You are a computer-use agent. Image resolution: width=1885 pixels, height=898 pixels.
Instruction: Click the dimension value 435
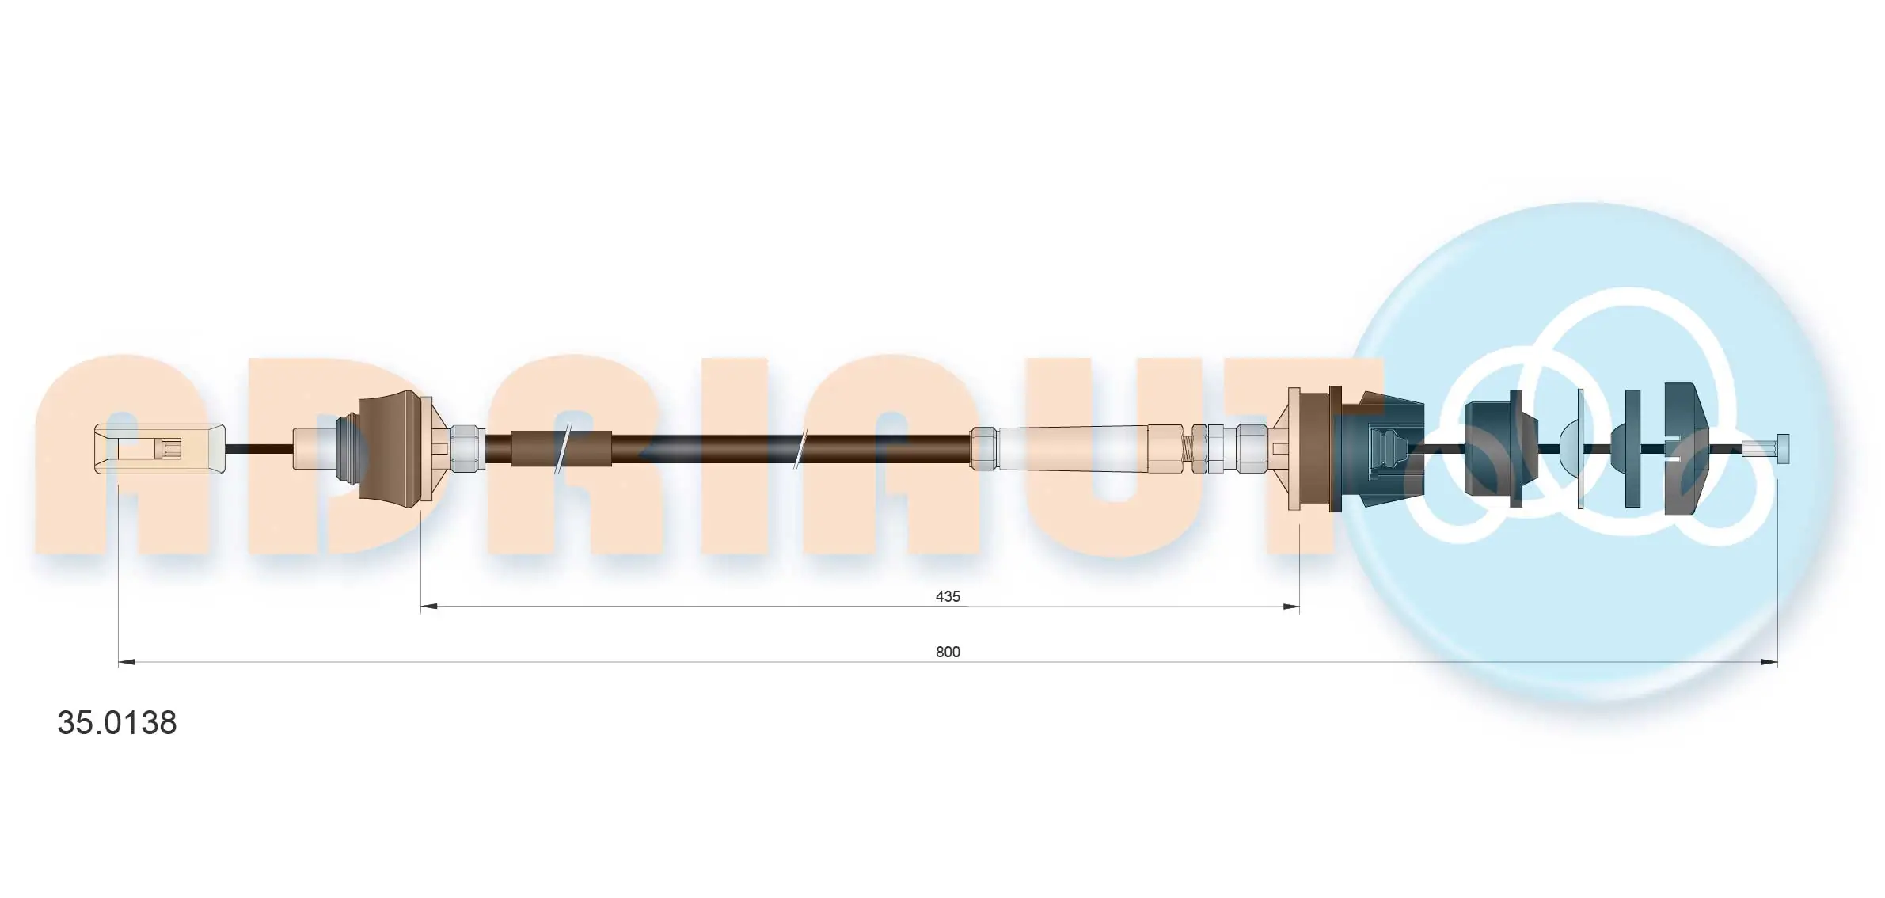click(x=947, y=596)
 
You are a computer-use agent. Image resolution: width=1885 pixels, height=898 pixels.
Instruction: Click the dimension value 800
click(x=947, y=652)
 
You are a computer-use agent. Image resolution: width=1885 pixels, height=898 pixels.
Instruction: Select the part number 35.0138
click(x=117, y=722)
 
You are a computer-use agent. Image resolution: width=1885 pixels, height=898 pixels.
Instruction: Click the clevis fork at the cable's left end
click(x=158, y=449)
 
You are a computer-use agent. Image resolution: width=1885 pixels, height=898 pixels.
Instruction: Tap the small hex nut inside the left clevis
click(x=171, y=449)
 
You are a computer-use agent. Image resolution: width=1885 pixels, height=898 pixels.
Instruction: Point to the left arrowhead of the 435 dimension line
click(x=428, y=607)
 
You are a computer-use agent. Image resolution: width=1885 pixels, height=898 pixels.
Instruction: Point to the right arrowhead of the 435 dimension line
click(x=1291, y=607)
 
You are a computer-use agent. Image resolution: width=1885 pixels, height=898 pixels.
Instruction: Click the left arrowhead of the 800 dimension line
click(x=126, y=662)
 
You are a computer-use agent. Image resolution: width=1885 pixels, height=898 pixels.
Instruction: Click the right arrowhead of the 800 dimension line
click(x=1769, y=662)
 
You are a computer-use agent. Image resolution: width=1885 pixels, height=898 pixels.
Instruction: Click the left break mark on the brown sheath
click(x=563, y=449)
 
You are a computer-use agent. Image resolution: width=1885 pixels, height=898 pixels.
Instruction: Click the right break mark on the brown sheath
click(x=800, y=449)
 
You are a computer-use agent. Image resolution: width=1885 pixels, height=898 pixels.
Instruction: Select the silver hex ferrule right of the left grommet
click(x=467, y=449)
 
